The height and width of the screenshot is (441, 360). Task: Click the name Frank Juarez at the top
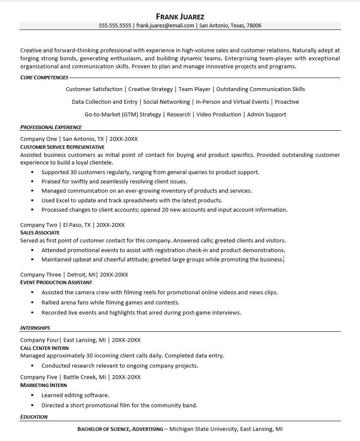(x=180, y=17)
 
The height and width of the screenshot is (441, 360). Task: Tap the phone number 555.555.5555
(x=115, y=26)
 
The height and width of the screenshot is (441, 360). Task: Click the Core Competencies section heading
(x=44, y=78)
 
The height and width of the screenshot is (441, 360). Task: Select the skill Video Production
(x=219, y=114)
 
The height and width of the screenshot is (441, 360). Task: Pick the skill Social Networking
(x=166, y=102)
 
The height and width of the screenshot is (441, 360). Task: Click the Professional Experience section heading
(x=51, y=127)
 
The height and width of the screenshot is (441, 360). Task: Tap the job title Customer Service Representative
(x=62, y=147)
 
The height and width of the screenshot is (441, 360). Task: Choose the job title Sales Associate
(x=40, y=233)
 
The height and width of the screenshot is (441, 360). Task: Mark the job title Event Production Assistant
(x=56, y=282)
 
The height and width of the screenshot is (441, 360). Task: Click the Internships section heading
(x=35, y=328)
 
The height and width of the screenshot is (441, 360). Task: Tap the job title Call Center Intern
(x=44, y=348)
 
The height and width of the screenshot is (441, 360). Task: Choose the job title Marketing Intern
(x=43, y=385)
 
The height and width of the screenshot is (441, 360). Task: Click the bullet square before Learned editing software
(x=32, y=395)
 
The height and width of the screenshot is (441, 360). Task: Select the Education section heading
(x=34, y=417)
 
